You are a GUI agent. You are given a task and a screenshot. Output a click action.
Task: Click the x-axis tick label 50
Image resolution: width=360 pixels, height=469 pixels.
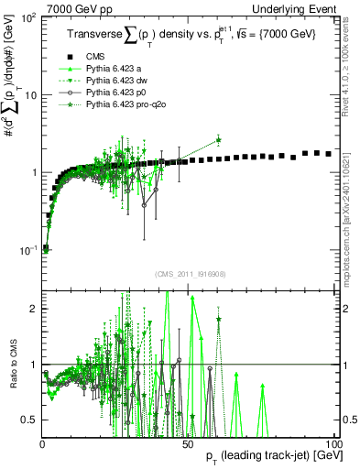(x=187, y=443)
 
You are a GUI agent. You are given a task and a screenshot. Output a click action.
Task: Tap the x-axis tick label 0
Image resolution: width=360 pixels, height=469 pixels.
(x=43, y=443)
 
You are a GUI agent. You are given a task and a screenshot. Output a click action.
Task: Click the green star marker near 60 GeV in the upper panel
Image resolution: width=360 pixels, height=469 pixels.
(x=218, y=140)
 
